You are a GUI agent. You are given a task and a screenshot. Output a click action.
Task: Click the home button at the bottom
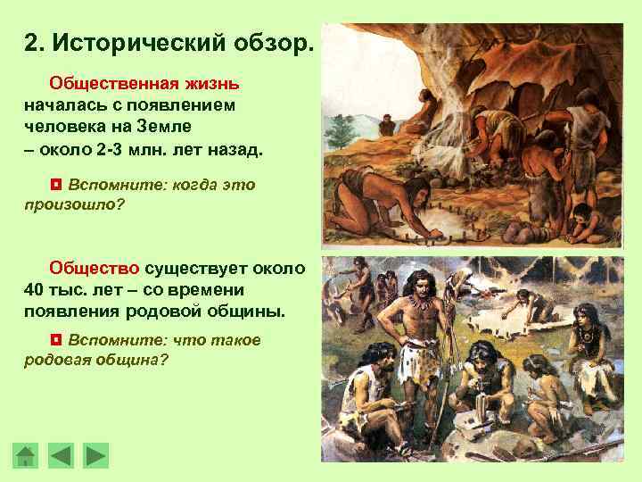tap(26, 455)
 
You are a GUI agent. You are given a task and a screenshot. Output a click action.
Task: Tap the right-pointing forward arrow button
tap(95, 455)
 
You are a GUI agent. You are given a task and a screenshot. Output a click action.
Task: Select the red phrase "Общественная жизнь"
tap(144, 83)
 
